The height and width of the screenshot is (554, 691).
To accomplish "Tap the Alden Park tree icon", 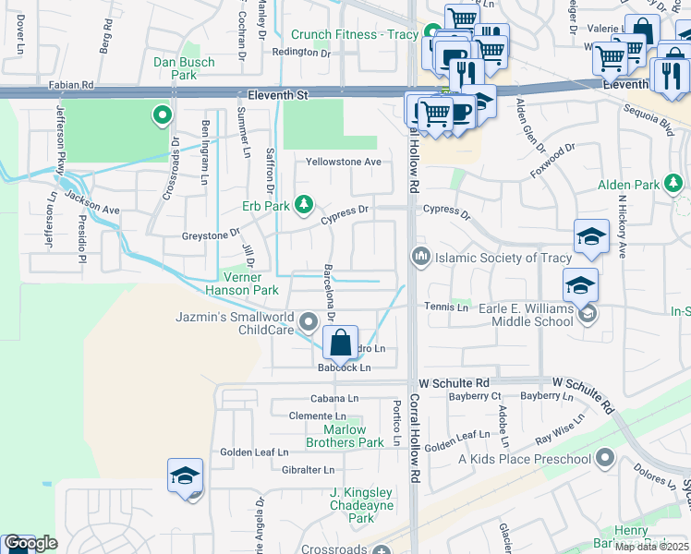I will point(675,185).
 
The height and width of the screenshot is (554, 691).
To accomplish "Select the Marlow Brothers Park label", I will point(353,436).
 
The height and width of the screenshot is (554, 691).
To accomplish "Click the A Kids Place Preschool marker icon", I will point(605,457).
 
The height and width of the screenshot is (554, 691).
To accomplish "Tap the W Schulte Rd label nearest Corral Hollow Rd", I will point(453,382).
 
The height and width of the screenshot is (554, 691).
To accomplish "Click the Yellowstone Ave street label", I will point(345,162).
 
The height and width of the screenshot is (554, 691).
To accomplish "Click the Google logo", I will point(30,543).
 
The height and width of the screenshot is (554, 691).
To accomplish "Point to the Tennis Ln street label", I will point(446,307).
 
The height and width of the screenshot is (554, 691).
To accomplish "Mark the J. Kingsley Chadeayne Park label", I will point(362,499).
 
